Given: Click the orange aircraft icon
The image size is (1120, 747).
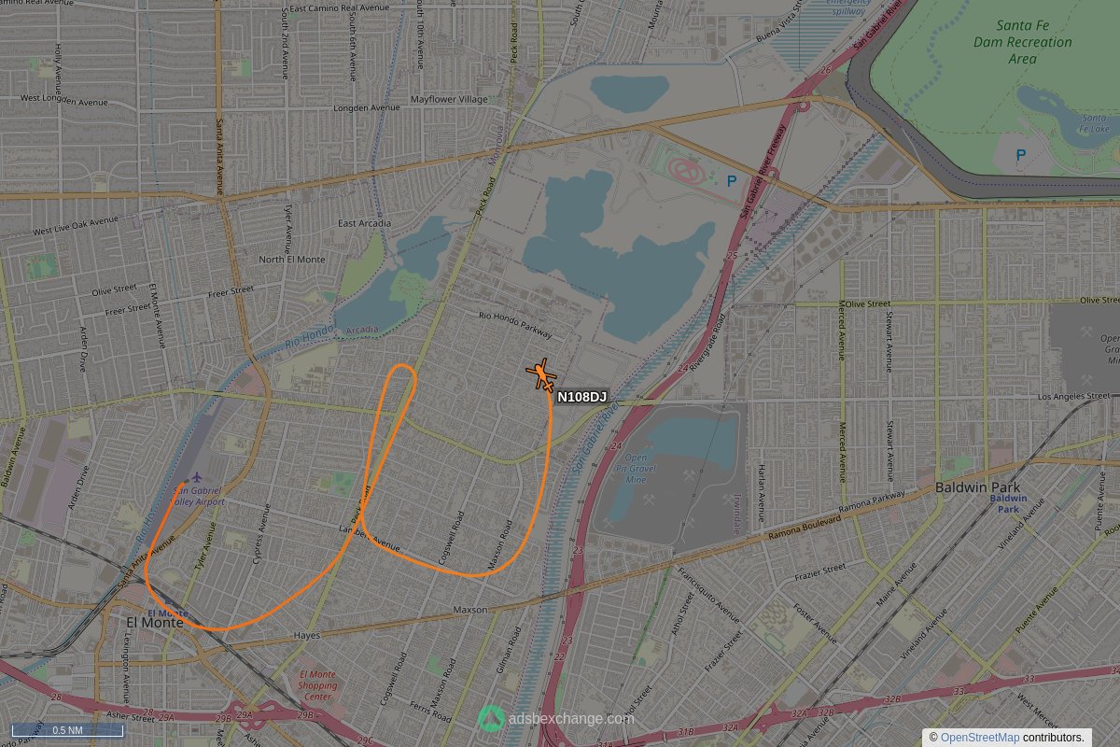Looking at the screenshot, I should pos(541,375).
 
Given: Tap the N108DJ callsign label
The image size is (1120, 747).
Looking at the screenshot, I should pos(581,398).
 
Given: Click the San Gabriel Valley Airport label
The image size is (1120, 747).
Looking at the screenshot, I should pos(198,496).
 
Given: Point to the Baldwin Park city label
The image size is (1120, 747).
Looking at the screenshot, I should pos(977,487).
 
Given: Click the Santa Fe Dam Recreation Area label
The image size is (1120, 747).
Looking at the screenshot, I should pos(1022,42).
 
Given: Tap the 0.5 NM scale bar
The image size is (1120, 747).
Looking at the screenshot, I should pos(66,730).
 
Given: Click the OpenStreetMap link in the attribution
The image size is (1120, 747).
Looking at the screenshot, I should pos(979,738).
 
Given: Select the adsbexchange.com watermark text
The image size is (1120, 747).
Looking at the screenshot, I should pos(571,719).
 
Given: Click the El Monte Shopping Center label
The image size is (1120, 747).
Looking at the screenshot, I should pos(317,685).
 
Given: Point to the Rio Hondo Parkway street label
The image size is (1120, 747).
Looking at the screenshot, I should pos(515,325).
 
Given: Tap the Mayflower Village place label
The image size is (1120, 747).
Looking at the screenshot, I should pos(449,99).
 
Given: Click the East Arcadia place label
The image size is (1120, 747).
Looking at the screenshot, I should pos(364,223).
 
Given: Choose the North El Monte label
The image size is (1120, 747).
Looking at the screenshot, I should pos(292,259).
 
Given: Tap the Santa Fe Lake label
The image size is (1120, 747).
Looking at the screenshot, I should pos(1093,123).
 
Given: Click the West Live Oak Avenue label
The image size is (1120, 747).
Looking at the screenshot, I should pos(75,226).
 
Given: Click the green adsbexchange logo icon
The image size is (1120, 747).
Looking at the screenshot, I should pos(491,718).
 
